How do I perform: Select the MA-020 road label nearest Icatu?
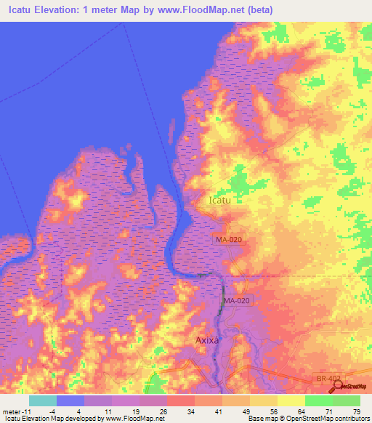227,239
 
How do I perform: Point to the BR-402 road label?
327,379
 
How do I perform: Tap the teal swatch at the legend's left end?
43,400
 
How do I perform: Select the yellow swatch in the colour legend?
291,400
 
